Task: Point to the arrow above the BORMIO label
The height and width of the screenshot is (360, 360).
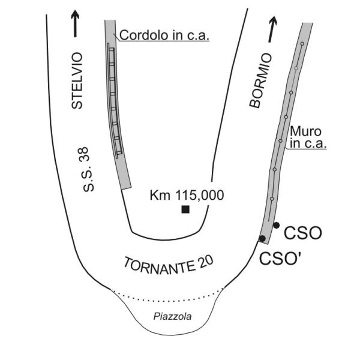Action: pyautogui.click(x=273, y=28)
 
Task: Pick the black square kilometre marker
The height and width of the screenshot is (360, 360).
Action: pyautogui.click(x=185, y=209)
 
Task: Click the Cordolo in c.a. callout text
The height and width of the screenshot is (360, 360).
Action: pyautogui.click(x=164, y=35)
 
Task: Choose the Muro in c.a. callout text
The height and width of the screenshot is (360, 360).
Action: pyautogui.click(x=307, y=137)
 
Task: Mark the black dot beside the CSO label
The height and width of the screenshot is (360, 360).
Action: pyautogui.click(x=276, y=225)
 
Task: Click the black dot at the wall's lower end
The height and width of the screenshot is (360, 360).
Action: pyautogui.click(x=262, y=239)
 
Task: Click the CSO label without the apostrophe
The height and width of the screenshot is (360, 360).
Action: pyautogui.click(x=303, y=232)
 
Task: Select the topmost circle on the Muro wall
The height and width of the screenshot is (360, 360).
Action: pyautogui.click(x=302, y=44)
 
